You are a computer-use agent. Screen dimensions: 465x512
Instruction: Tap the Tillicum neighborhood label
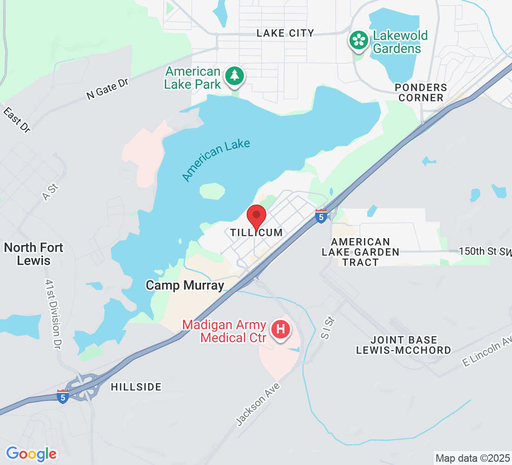pyautogui.click(x=256, y=232)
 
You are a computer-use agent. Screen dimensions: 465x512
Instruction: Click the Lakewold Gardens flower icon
pyautogui.click(x=359, y=40)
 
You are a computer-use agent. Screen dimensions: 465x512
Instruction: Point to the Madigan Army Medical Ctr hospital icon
pyautogui.click(x=281, y=330)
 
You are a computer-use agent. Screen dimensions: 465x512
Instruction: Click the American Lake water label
pyautogui.click(x=216, y=160)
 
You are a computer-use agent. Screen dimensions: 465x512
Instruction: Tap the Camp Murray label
pyautogui.click(x=185, y=285)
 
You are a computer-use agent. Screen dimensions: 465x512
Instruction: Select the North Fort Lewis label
pyautogui.click(x=34, y=254)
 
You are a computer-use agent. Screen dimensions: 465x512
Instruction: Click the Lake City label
pyautogui.click(x=285, y=33)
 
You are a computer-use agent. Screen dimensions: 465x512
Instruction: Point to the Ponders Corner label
pyautogui.click(x=421, y=93)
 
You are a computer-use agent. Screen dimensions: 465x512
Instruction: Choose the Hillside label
pyautogui.click(x=136, y=387)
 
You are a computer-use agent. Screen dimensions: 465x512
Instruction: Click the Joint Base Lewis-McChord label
pyautogui.click(x=404, y=345)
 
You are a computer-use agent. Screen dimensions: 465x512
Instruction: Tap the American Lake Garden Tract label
pyautogui.click(x=361, y=252)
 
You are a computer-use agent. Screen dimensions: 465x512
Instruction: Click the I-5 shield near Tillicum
pyautogui.click(x=321, y=216)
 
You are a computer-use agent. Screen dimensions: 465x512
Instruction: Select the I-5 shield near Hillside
pyautogui.click(x=63, y=396)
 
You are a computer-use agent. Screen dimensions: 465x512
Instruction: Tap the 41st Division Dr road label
pyautogui.click(x=54, y=314)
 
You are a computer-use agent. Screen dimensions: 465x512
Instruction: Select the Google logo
pyautogui.click(x=31, y=453)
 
